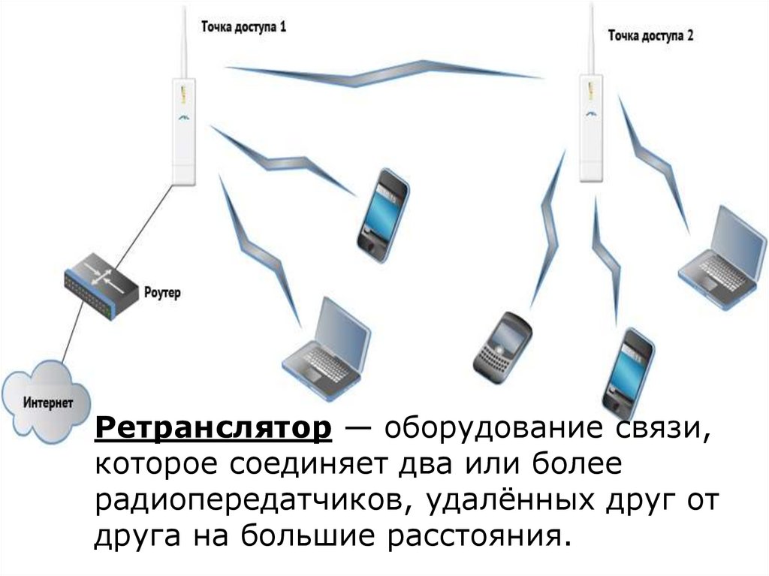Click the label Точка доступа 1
[243, 27]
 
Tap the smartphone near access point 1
[383, 214]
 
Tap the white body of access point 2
[591, 128]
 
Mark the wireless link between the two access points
[383, 74]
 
